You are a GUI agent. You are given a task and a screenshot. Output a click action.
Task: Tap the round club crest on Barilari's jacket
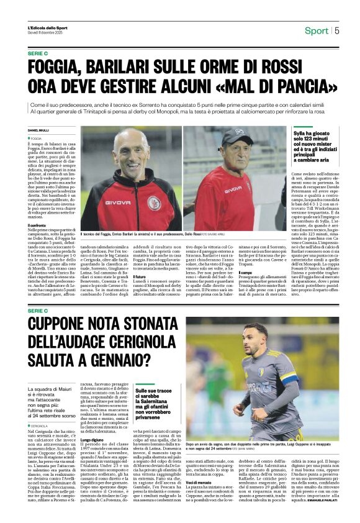153,203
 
